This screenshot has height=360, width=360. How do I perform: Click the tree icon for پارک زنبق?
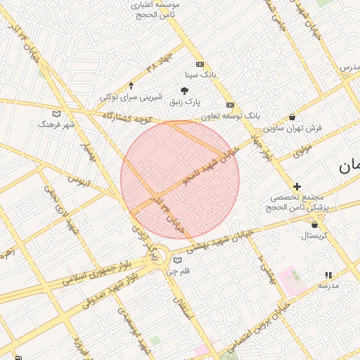click(185, 90)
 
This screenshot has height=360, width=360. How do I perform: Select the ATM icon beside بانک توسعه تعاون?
click(230, 105)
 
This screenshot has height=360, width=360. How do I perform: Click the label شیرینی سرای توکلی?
click(131, 97)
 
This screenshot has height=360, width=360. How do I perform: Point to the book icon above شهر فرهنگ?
click(57, 113)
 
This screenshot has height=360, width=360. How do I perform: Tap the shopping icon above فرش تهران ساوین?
click(292, 117)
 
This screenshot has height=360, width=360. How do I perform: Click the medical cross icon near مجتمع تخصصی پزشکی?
click(297, 186)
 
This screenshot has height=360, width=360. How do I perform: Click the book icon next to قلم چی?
click(177, 260)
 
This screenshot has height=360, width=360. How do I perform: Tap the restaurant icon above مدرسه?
click(328, 275)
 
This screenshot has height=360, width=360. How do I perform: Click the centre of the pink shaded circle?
click(180, 180)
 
